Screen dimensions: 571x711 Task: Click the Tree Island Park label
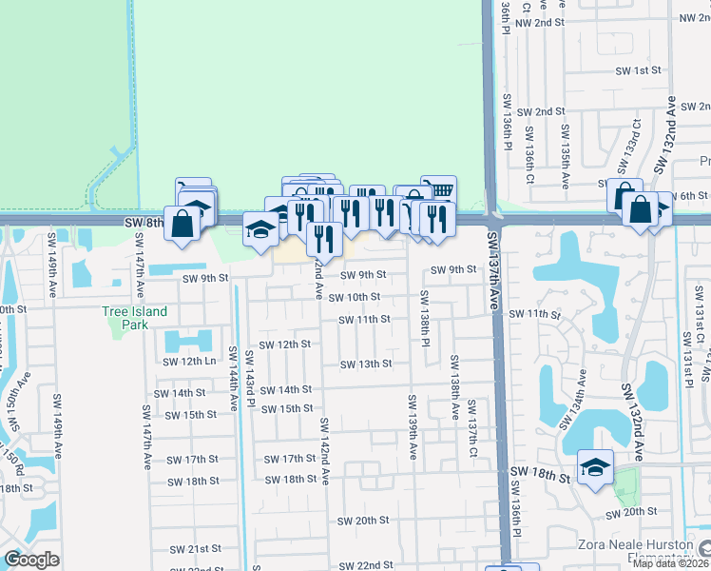pos(135,318)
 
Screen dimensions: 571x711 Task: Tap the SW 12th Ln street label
pos(190,362)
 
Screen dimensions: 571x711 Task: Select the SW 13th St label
pos(366,364)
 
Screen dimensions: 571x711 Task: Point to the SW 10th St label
pos(354,297)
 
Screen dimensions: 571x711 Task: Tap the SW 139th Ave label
pos(413,427)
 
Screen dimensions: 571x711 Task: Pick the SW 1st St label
pos(638,70)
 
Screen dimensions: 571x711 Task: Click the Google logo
pos(31,561)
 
